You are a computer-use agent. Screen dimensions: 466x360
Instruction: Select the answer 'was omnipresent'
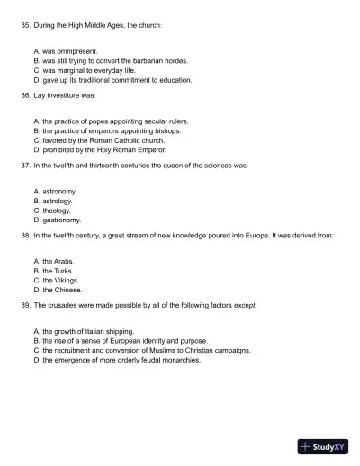(64, 52)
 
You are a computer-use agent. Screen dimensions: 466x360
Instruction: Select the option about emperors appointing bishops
(106, 130)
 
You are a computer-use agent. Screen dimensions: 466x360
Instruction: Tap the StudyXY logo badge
(324, 445)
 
